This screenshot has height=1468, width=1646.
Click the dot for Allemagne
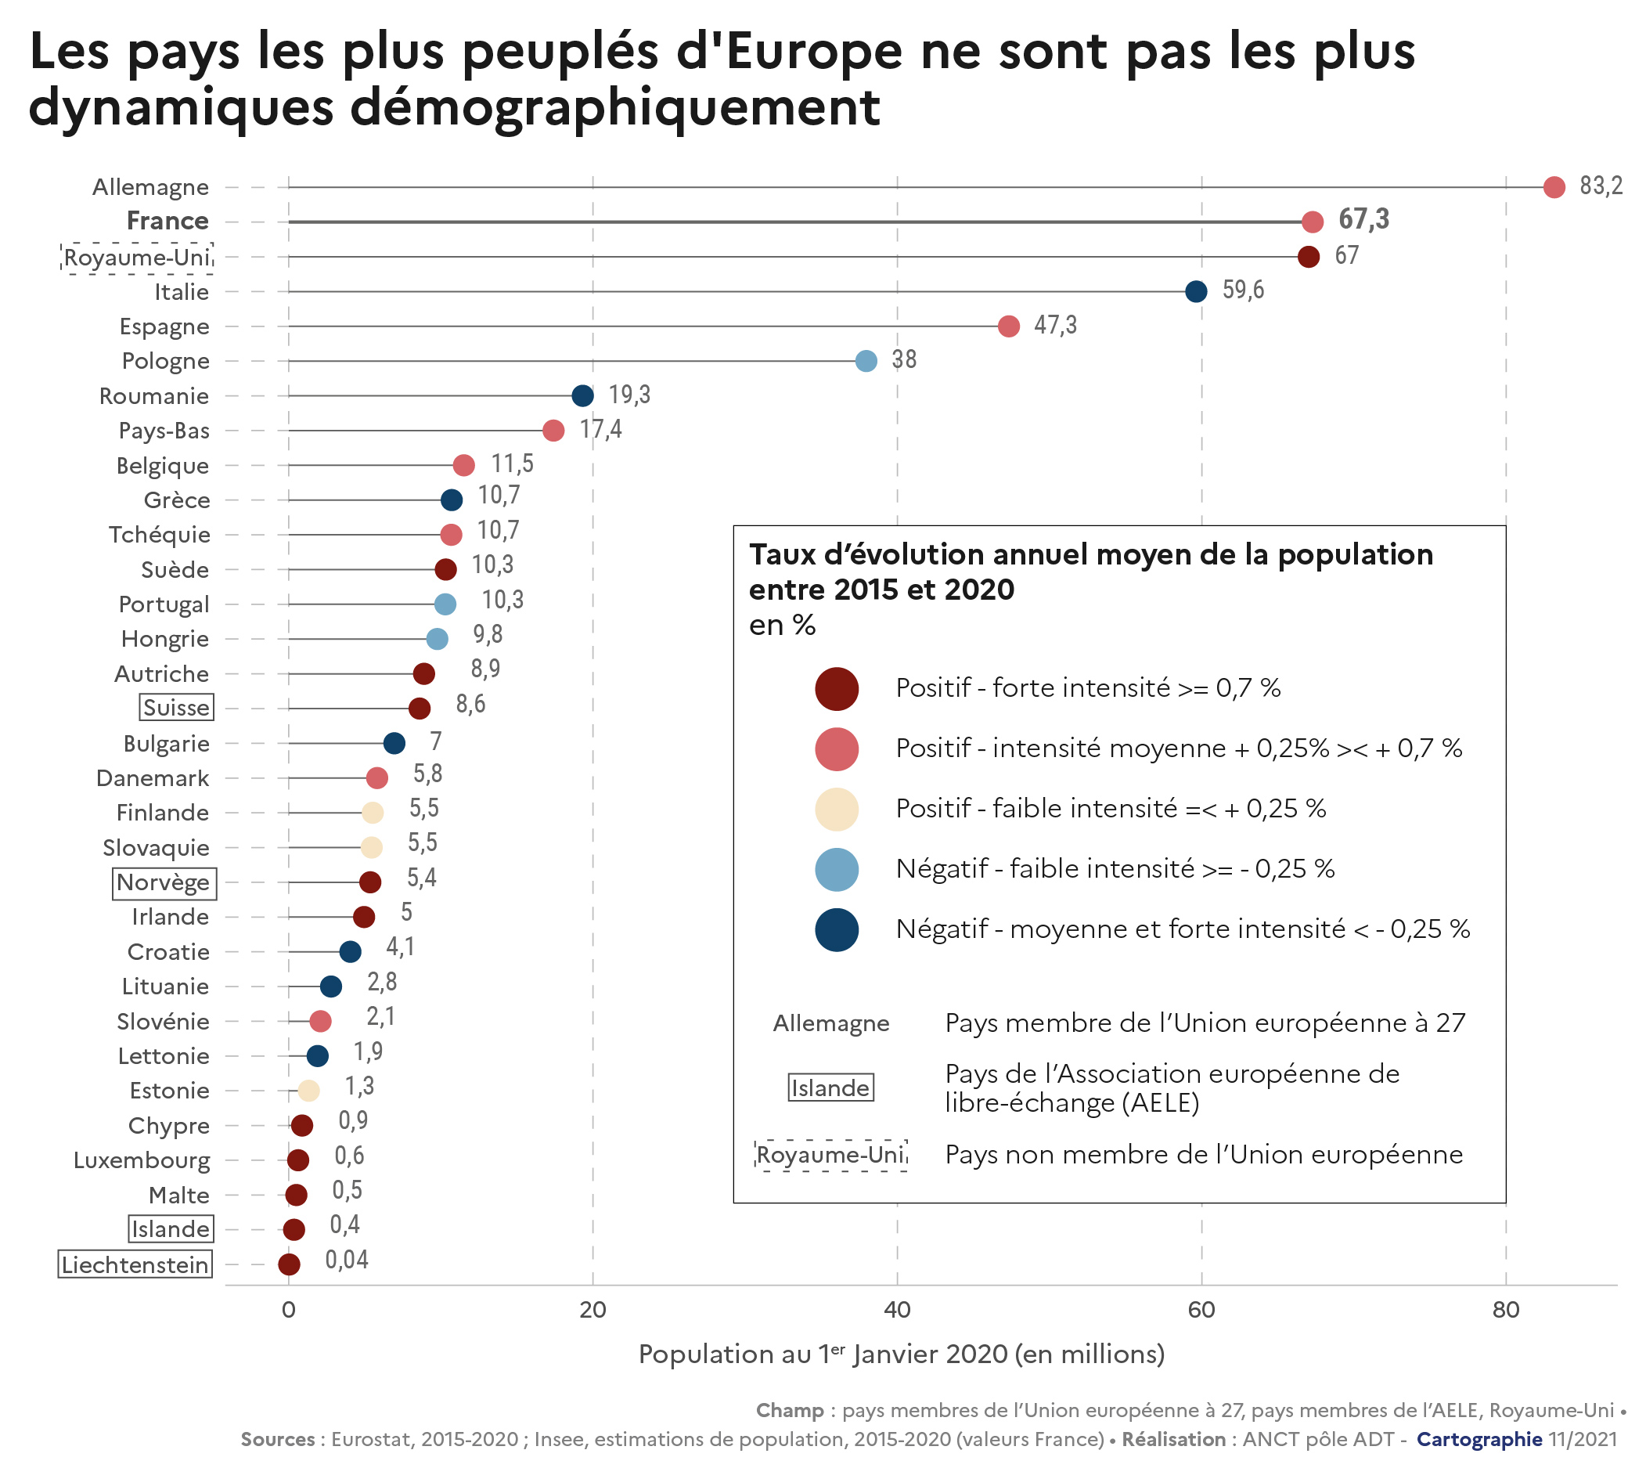1554,187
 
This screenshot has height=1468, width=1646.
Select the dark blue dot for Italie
1195,291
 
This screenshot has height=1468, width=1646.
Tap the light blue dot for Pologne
866,361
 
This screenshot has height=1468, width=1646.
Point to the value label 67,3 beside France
1363,219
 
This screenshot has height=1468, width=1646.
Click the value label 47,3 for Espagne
1055,325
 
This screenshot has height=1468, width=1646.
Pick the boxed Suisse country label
176,708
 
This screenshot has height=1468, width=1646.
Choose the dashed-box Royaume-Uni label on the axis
137,258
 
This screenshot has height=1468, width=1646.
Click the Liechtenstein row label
135,1264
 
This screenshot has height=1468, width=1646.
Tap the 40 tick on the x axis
897,1310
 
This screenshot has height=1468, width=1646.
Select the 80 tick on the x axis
1505,1310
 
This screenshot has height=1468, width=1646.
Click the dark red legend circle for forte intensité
837,689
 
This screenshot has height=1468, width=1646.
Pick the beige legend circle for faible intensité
837,809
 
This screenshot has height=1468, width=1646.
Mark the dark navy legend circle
837,929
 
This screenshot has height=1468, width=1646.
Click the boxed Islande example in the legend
830,1087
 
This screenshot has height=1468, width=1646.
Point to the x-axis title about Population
901,1354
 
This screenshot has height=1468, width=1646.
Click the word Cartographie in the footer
1479,1439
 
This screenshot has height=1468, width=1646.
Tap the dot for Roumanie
582,395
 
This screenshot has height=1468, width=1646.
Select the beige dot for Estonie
308,1091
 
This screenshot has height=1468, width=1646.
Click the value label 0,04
346,1260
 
